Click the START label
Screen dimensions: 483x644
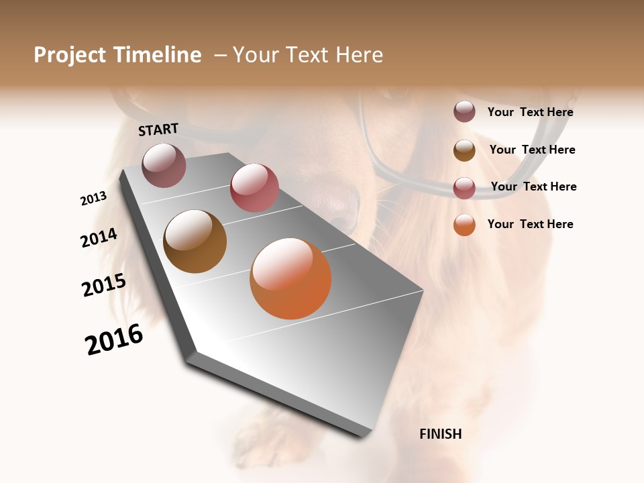(158, 129)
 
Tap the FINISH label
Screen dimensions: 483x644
(440, 434)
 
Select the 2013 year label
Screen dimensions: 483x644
(94, 199)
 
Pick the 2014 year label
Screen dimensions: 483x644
(99, 237)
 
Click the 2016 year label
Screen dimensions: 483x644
(115, 339)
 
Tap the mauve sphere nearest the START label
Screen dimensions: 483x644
(164, 165)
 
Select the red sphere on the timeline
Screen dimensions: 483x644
(254, 187)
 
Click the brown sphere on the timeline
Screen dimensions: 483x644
(195, 241)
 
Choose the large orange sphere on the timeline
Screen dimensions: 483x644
(290, 278)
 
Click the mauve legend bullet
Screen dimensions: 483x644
(464, 111)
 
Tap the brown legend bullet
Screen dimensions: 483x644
(464, 150)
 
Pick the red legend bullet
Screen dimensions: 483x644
(464, 187)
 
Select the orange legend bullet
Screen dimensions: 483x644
(464, 225)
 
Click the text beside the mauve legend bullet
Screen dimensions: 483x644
(530, 112)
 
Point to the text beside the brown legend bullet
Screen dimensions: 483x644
(532, 150)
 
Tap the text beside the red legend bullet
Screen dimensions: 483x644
(533, 186)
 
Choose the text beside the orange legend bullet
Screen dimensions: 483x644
(530, 224)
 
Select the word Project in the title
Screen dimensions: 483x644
(70, 55)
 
